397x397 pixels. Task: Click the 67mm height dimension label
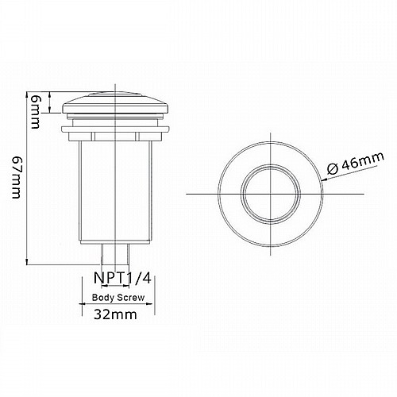click(x=17, y=177)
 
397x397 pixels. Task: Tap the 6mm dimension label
click(x=35, y=112)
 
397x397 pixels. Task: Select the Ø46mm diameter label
click(x=355, y=163)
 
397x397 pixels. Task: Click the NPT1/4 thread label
click(x=122, y=278)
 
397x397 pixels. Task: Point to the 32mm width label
click(x=115, y=314)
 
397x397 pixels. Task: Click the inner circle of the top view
click(x=271, y=166)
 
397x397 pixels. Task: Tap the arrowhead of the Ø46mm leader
click(x=324, y=179)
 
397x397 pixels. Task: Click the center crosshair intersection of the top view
click(x=271, y=194)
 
